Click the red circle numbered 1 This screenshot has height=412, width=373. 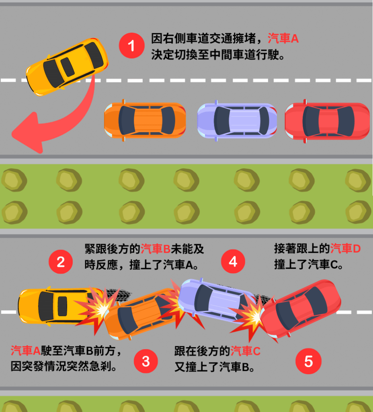pyautogui.click(x=131, y=46)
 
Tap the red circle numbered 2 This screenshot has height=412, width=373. pyautogui.click(x=61, y=262)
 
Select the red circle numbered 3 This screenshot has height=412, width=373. pyautogui.click(x=146, y=361)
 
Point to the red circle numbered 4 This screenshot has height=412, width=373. pyautogui.click(x=233, y=262)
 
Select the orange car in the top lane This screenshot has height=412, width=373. pyautogui.click(x=145, y=120)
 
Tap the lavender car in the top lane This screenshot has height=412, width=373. pyautogui.click(x=237, y=120)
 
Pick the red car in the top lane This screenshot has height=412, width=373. pyautogui.click(x=327, y=121)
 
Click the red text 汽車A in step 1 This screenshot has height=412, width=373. pyautogui.click(x=283, y=39)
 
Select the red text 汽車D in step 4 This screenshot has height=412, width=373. pyautogui.click(x=345, y=249)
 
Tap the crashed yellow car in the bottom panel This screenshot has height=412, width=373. pyautogui.click(x=52, y=306)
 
